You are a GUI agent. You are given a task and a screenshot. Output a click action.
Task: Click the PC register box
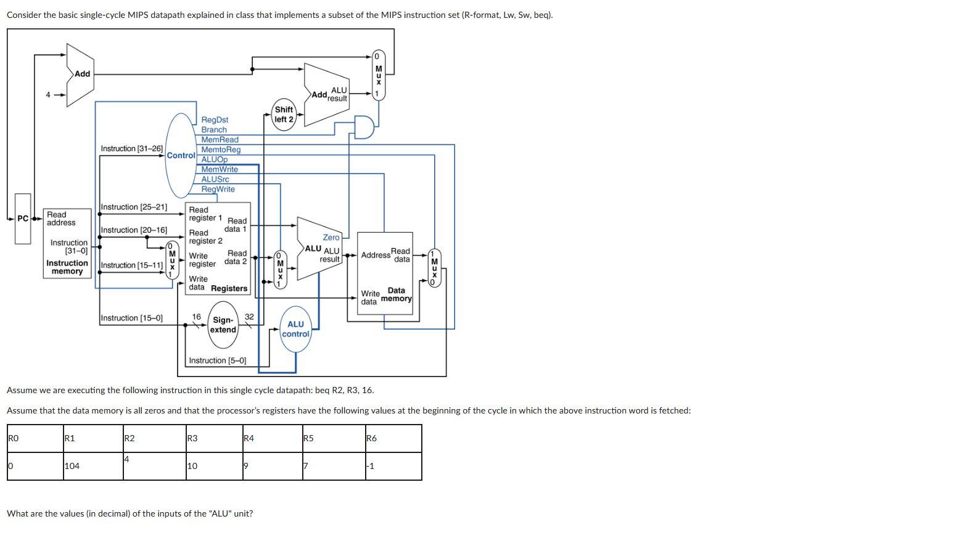pyautogui.click(x=23, y=218)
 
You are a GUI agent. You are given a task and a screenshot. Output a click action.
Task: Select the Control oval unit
pyautogui.click(x=181, y=155)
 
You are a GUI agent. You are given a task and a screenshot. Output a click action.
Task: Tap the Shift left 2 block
pyautogui.click(x=284, y=115)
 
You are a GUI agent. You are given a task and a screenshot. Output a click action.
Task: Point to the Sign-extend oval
pyautogui.click(x=223, y=325)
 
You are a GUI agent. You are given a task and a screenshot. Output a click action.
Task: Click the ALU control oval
pyautogui.click(x=295, y=329)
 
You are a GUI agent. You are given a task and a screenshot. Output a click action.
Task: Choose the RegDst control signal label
pyautogui.click(x=215, y=120)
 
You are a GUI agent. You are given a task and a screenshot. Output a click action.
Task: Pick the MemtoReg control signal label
pyautogui.click(x=221, y=149)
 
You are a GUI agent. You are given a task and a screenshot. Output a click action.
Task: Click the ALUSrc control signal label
pyautogui.click(x=215, y=179)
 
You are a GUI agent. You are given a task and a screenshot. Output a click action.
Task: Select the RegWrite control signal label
pyautogui.click(x=218, y=189)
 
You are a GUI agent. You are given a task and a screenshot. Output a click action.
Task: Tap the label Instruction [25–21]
pyautogui.click(x=134, y=207)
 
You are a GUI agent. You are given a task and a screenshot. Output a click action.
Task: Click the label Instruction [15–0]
pyautogui.click(x=131, y=318)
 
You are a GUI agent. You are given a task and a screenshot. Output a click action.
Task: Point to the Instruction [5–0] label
pyautogui.click(x=217, y=360)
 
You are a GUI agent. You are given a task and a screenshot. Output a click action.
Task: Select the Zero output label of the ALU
pyautogui.click(x=331, y=237)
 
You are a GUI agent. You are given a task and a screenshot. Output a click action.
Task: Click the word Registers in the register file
pyautogui.click(x=229, y=288)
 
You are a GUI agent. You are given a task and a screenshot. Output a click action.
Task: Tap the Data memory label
pyautogui.click(x=397, y=294)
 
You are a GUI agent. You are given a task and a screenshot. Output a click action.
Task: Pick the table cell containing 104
pyautogui.click(x=92, y=466)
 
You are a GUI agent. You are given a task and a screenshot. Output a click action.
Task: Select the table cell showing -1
pyautogui.click(x=393, y=466)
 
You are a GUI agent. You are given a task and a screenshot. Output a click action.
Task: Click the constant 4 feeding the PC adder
pyautogui.click(x=48, y=95)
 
